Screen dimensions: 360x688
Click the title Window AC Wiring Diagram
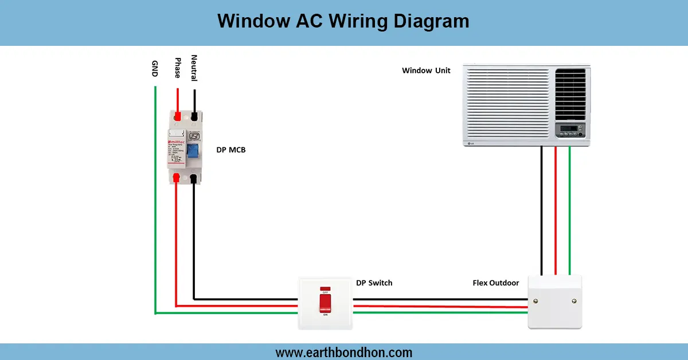(343, 21)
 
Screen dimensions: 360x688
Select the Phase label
(178, 68)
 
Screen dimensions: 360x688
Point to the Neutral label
(194, 68)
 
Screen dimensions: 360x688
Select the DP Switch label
(374, 283)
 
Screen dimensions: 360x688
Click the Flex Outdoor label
(495, 283)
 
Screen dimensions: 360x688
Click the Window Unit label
(426, 71)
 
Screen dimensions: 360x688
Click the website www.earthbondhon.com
(343, 352)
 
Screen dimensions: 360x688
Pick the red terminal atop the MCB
(178, 116)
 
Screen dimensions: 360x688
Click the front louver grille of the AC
(507, 103)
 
